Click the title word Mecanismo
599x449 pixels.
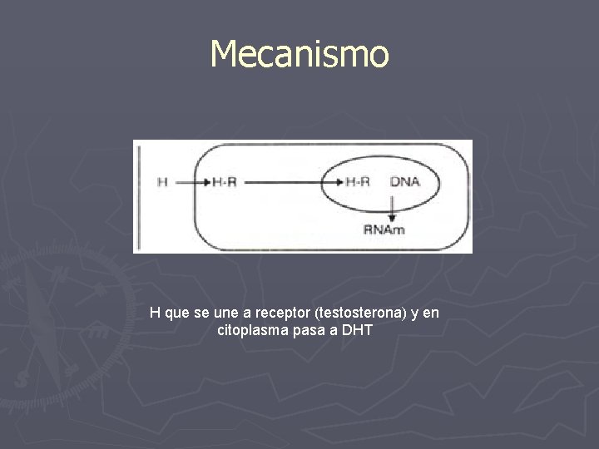pyautogui.click(x=299, y=54)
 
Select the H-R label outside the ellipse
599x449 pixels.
pyautogui.click(x=225, y=182)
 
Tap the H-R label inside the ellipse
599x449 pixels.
pyautogui.click(x=358, y=182)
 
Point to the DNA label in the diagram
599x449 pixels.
pyautogui.click(x=405, y=182)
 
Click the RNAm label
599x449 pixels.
pyautogui.click(x=384, y=229)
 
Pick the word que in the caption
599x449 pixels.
pyautogui.click(x=177, y=314)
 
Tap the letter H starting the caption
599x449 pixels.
pyautogui.click(x=155, y=313)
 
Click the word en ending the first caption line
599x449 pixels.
pyautogui.click(x=431, y=313)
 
